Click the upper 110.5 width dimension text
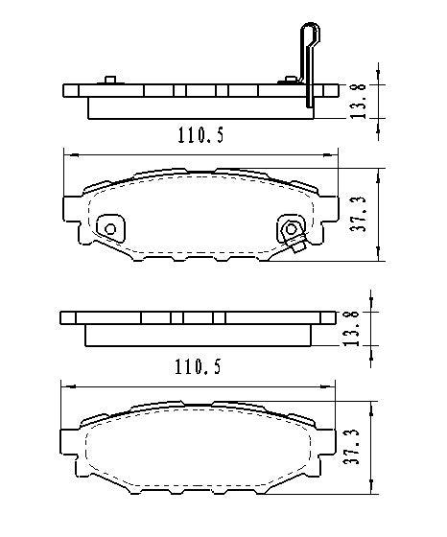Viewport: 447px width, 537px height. point(200,135)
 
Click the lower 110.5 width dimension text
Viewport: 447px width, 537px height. point(200,366)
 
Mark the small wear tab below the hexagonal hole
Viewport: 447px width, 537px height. point(296,249)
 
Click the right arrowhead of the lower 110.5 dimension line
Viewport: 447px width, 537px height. point(336,385)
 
